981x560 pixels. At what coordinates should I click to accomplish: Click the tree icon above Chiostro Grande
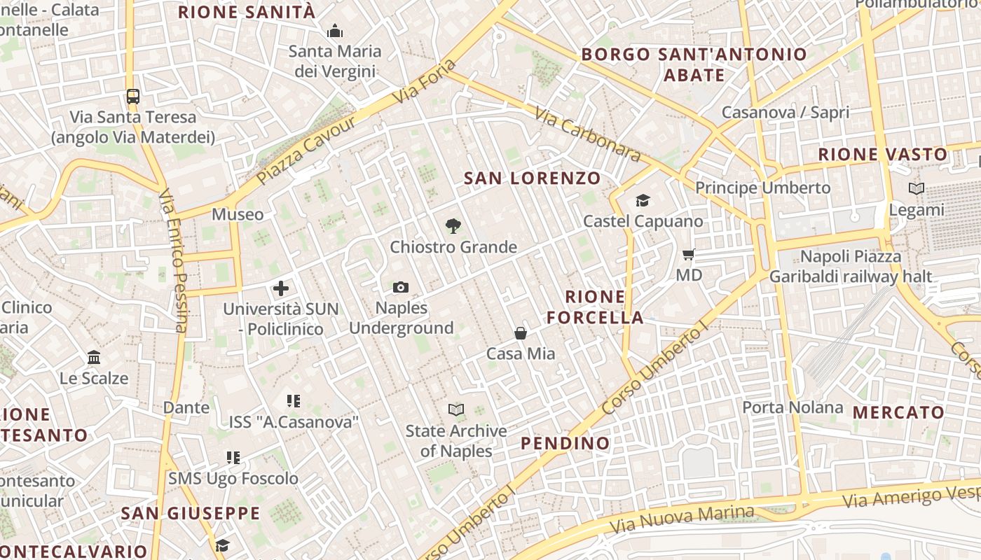click(x=453, y=226)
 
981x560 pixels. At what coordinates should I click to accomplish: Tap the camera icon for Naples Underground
click(x=401, y=287)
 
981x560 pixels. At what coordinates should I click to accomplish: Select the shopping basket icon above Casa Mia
click(x=521, y=333)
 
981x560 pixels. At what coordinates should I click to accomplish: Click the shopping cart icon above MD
click(x=689, y=254)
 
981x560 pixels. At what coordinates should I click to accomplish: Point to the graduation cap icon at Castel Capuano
click(x=643, y=201)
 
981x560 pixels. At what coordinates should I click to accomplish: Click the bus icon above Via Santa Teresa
click(x=132, y=96)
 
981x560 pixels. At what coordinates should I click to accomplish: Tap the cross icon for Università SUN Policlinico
click(x=281, y=288)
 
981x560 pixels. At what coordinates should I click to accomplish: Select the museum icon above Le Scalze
click(x=94, y=358)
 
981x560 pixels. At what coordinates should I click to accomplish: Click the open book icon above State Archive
click(x=456, y=409)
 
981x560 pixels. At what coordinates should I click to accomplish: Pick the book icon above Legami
click(x=917, y=188)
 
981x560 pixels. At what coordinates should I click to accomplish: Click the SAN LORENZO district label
click(x=533, y=178)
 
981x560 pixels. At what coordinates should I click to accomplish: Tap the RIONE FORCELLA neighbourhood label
click(x=595, y=307)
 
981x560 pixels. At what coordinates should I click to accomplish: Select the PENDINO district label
click(x=565, y=443)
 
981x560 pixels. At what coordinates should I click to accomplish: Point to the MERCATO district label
click(x=898, y=412)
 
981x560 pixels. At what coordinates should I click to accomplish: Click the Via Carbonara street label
click(x=587, y=134)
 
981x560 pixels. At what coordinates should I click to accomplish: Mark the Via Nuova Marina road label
click(x=682, y=519)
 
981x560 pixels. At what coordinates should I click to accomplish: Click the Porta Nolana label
click(x=793, y=407)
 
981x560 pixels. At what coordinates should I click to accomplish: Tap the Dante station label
click(x=186, y=407)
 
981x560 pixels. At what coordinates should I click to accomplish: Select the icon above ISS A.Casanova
click(x=294, y=401)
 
